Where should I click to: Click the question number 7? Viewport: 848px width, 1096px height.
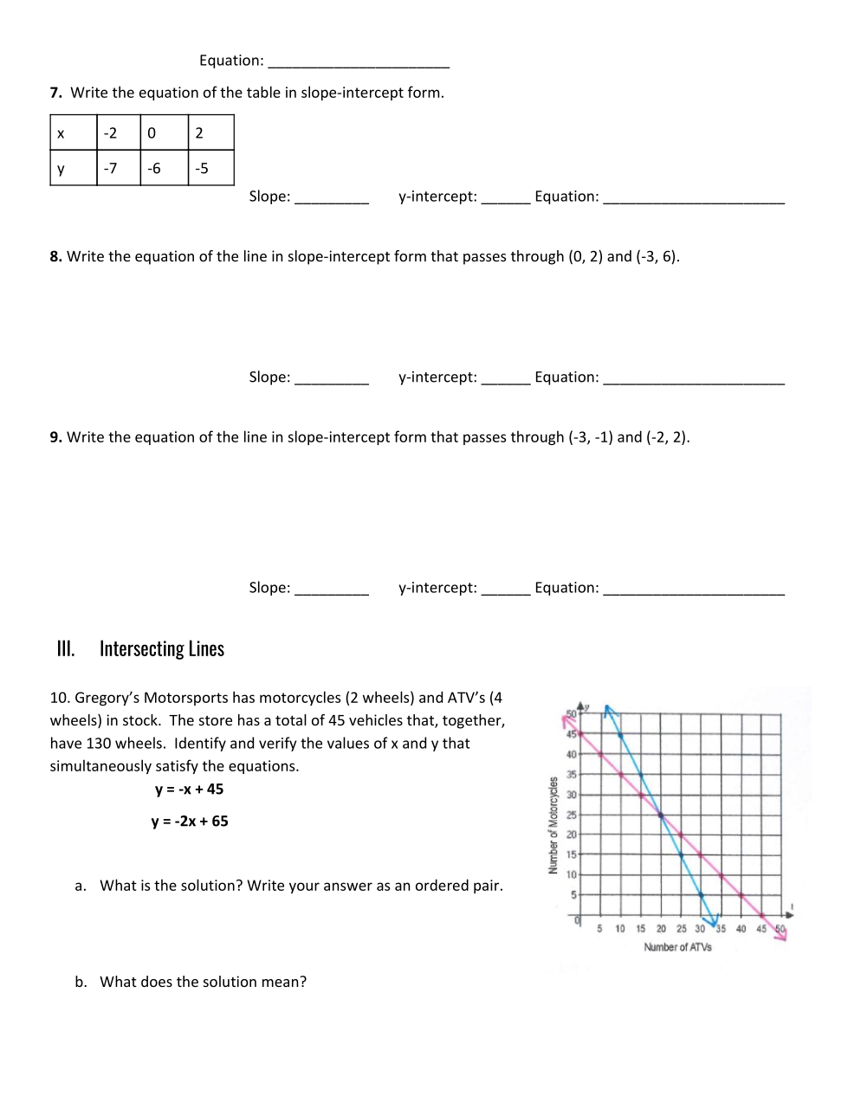(55, 93)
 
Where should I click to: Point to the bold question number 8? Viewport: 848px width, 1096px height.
(55, 256)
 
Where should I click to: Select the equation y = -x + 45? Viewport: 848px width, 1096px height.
(189, 790)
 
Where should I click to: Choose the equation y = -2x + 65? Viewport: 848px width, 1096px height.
(189, 822)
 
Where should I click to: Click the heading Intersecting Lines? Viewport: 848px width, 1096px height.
(162, 648)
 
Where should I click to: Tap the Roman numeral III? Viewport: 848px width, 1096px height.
(66, 648)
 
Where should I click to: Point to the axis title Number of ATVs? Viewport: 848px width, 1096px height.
(677, 947)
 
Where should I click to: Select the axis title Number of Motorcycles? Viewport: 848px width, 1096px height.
(553, 825)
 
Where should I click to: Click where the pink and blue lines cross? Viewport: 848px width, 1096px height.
(661, 814)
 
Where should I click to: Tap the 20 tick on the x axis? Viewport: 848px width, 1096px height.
(661, 929)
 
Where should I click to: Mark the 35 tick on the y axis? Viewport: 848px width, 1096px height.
(571, 775)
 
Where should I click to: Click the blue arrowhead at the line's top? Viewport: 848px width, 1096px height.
(610, 711)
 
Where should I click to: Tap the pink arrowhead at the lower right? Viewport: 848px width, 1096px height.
(781, 934)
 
